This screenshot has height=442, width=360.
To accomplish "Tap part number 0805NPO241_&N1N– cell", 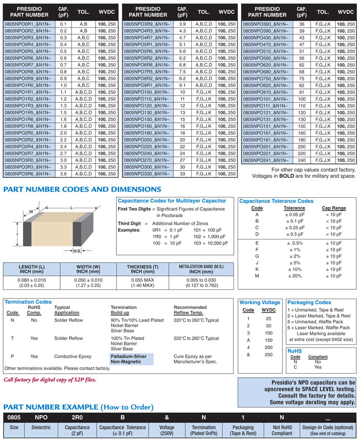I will [266, 160].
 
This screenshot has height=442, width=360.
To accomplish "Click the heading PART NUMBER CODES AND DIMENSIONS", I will [82, 190].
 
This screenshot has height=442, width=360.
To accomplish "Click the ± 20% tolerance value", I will [295, 276].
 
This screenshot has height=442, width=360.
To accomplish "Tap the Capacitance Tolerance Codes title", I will [276, 201].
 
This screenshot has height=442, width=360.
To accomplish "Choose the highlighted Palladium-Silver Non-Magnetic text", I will [131, 359].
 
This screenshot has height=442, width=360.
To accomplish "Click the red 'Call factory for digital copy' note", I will [50, 380].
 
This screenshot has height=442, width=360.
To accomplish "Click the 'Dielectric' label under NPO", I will [41, 427].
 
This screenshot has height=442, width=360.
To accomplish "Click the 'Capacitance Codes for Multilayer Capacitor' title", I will [172, 201].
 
